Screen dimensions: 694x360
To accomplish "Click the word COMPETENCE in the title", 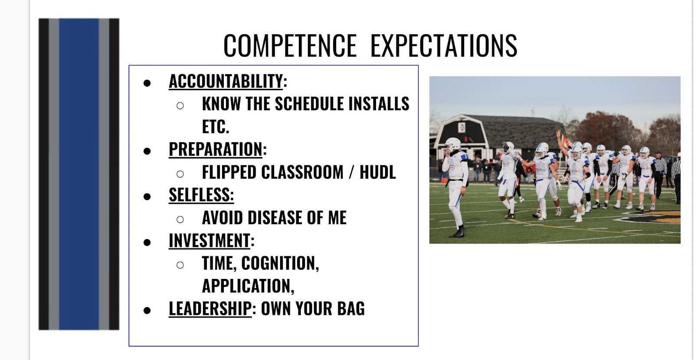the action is (290, 46).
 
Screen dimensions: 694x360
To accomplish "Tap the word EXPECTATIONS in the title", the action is (444, 46).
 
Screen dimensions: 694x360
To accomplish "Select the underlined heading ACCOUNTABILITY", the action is (226, 81).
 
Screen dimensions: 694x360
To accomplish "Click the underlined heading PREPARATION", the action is (216, 149).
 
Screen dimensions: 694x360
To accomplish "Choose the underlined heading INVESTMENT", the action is (210, 240).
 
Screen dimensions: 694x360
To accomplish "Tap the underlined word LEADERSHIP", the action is (210, 308).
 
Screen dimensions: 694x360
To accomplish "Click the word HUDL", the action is (378, 172).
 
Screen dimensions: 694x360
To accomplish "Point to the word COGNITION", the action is (280, 263).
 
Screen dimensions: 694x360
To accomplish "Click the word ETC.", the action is (216, 127).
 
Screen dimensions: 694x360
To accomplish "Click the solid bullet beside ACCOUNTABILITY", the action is (147, 83).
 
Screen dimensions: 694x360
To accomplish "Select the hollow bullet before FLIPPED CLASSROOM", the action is (180, 174).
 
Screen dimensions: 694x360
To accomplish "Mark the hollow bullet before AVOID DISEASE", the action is (180, 219).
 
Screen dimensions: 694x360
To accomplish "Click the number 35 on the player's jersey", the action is (540, 167).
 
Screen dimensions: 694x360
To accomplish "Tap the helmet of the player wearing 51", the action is (645, 152).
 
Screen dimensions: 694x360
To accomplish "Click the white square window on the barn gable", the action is (462, 128).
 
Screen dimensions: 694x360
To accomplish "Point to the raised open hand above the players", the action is (558, 134).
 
